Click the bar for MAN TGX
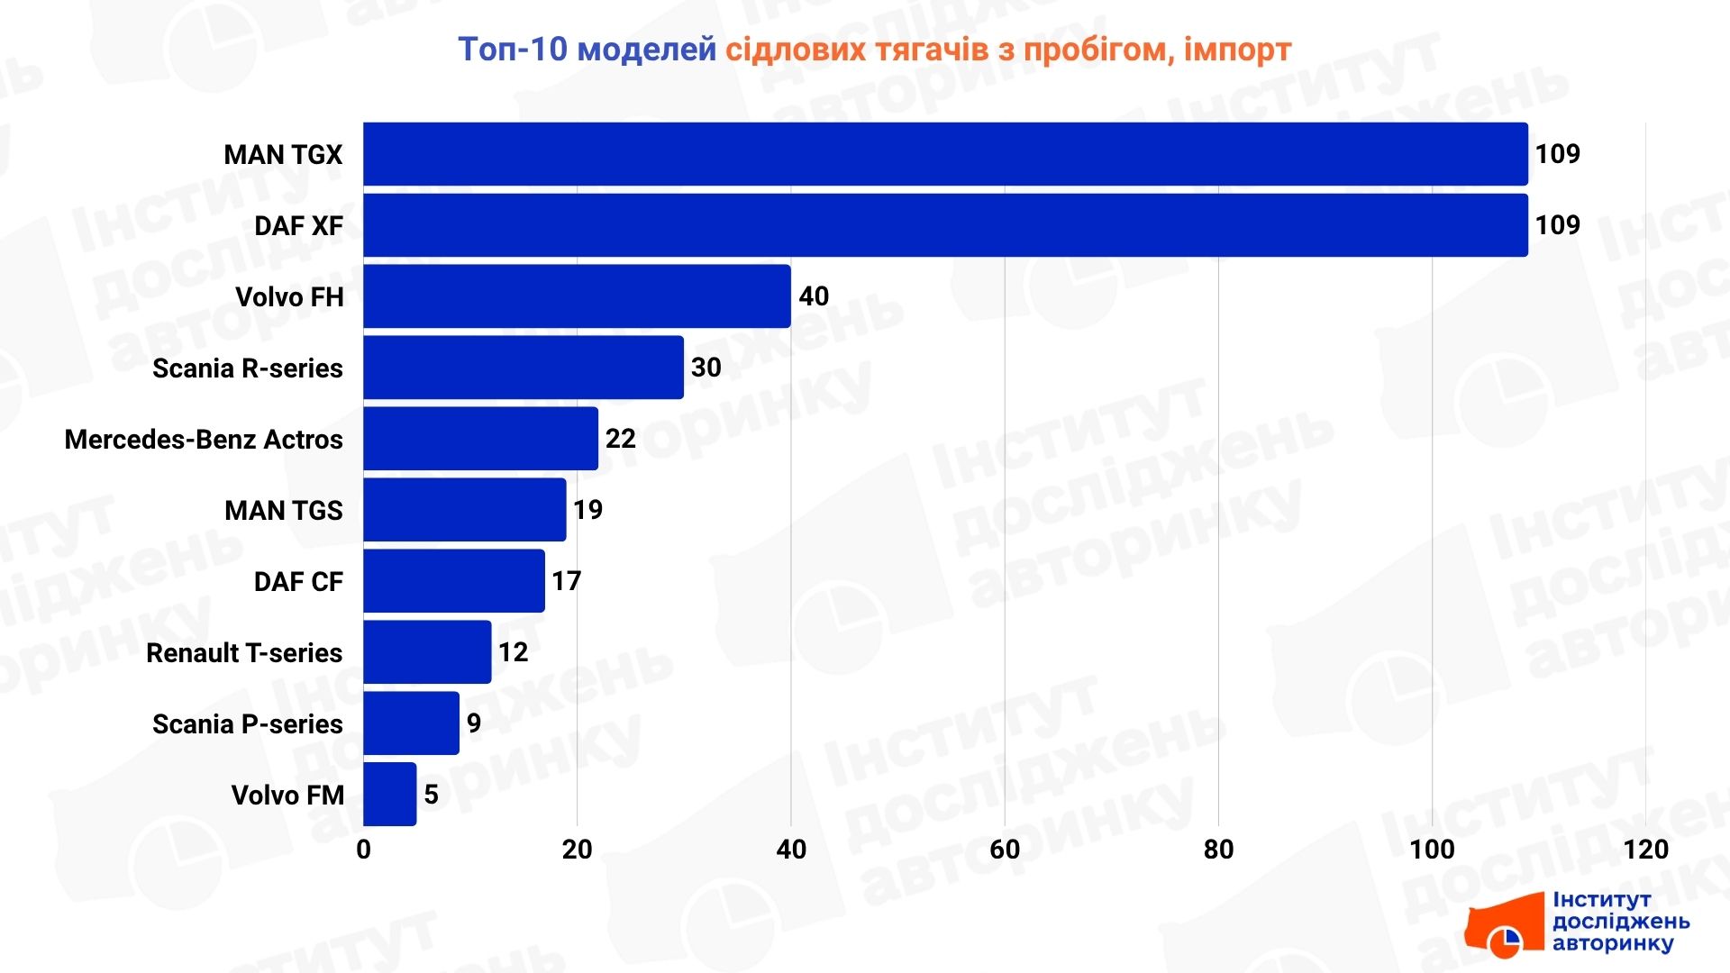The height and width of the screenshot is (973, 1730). (945, 154)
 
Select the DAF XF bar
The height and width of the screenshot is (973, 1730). (945, 225)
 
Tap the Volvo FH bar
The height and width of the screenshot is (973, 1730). (577, 296)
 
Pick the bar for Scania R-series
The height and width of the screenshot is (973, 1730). (524, 368)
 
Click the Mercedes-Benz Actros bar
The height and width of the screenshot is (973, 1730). (480, 439)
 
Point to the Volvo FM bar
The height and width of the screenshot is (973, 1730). (390, 795)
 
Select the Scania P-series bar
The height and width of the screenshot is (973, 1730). (411, 723)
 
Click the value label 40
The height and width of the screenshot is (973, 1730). (814, 296)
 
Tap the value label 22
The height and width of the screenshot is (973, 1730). (621, 439)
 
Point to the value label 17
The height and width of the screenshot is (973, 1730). (567, 581)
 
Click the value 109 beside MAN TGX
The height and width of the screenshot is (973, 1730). (1558, 154)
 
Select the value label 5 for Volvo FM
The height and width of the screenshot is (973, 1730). (432, 795)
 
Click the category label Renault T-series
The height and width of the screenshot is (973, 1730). (244, 652)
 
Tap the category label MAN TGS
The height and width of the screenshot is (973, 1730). (283, 510)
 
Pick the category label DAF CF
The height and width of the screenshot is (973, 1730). (298, 581)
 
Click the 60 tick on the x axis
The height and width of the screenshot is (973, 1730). (1005, 849)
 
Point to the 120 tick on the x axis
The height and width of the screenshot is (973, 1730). (1645, 849)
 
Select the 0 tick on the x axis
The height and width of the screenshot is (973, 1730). (364, 849)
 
